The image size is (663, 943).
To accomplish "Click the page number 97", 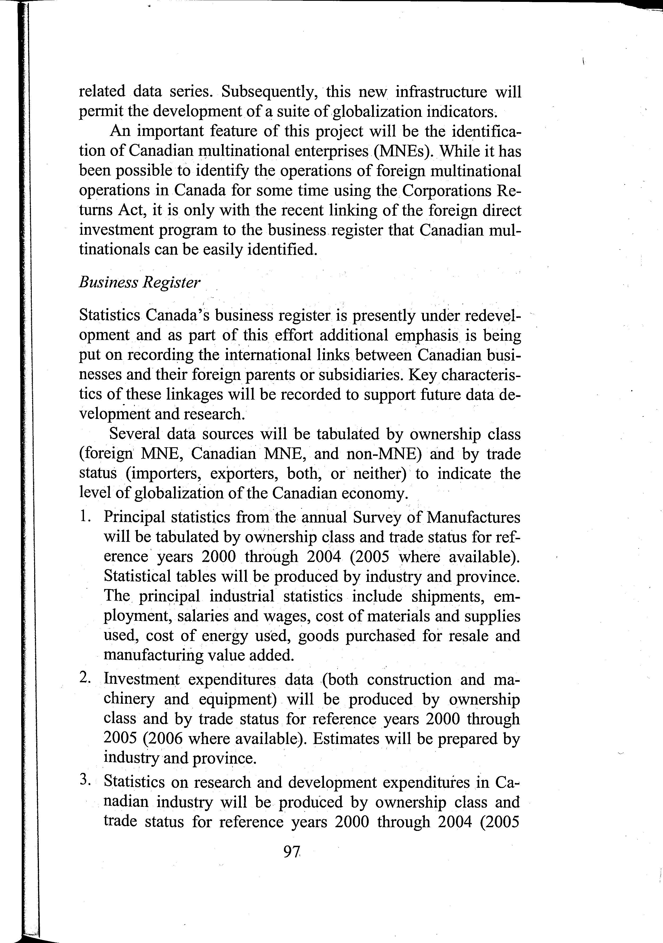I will click(x=292, y=852).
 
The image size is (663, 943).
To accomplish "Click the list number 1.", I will click(x=85, y=516).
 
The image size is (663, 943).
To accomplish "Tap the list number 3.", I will click(x=85, y=781).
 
